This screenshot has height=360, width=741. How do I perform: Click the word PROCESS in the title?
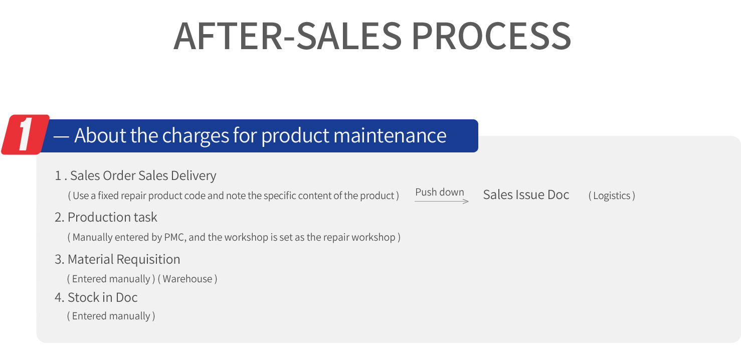pos(491,36)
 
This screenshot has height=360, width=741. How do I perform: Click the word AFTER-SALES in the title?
pos(287,36)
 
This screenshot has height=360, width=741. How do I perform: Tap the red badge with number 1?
pos(26,135)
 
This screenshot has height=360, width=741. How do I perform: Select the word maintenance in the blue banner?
pos(390,135)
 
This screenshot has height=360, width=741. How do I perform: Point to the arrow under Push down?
pos(442,201)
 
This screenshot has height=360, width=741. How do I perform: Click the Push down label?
pos(440,192)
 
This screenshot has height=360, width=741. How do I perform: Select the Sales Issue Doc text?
pos(526,195)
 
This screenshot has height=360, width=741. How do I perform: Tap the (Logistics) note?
pos(612,196)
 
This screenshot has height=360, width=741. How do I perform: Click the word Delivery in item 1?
pos(194,175)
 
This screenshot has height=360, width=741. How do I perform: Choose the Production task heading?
pos(106,218)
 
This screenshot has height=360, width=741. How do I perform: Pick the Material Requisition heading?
pos(117,259)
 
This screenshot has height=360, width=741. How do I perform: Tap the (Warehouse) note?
pos(188,279)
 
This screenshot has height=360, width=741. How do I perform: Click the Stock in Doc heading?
pos(96,297)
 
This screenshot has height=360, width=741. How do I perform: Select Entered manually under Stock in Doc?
pos(111,316)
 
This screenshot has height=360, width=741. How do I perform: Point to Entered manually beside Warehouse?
pos(111,279)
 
